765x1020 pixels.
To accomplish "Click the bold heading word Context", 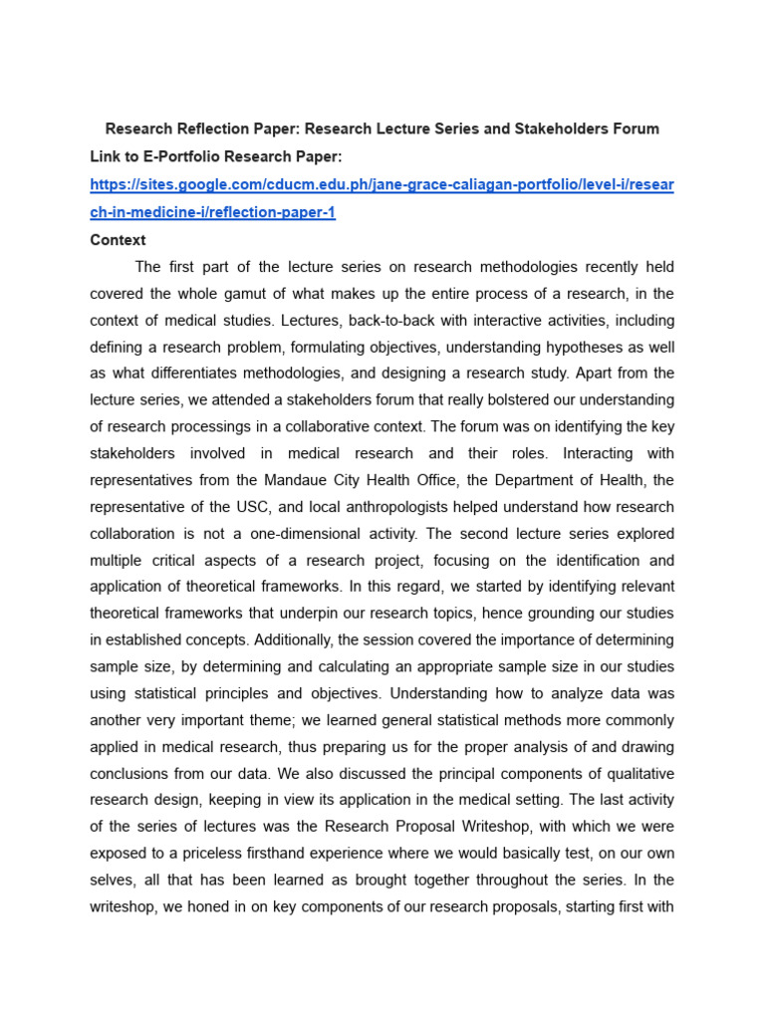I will tap(118, 240).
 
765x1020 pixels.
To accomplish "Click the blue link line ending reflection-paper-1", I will tap(212, 213).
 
